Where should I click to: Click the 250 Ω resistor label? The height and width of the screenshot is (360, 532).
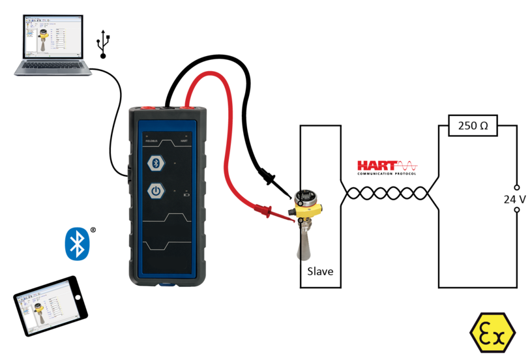(473, 126)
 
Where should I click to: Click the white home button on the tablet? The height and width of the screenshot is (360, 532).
(78, 297)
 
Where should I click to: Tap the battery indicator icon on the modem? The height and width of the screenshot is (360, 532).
(188, 194)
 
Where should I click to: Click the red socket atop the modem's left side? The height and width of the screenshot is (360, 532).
(145, 104)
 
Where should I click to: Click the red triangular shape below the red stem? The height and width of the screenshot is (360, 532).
(389, 152)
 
